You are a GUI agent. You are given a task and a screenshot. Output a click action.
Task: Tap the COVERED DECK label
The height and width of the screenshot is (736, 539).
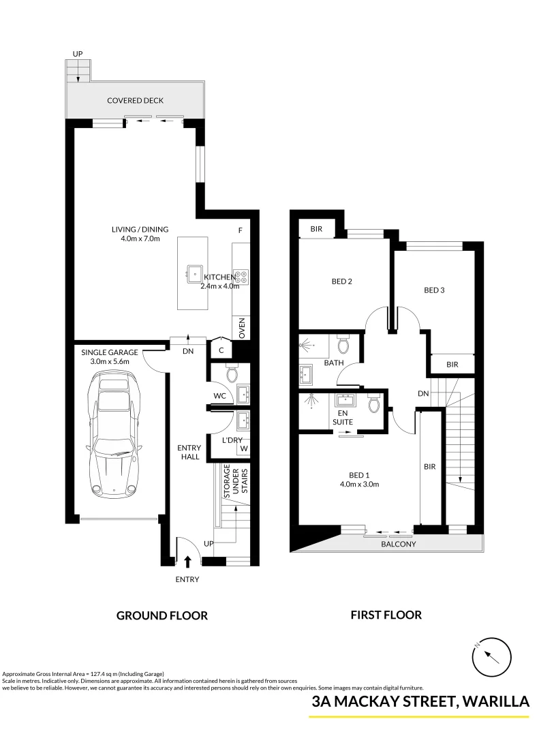click(136, 101)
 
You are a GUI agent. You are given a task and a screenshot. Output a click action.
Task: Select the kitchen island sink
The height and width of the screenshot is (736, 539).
click(190, 272)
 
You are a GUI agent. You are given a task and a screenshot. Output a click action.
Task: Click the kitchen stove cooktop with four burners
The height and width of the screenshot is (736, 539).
click(241, 276)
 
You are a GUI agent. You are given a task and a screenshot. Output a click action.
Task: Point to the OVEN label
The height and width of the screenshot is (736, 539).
click(241, 328)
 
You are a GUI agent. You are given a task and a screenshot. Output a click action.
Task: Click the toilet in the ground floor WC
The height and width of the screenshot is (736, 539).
click(230, 373)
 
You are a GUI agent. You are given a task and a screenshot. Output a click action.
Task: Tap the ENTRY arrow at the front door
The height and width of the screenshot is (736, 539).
click(188, 561)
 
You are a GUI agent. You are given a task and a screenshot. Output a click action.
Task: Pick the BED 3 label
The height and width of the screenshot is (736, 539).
click(434, 290)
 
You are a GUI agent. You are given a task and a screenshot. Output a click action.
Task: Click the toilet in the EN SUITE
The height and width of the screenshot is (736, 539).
click(373, 405)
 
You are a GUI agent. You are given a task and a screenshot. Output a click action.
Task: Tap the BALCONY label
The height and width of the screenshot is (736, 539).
click(399, 545)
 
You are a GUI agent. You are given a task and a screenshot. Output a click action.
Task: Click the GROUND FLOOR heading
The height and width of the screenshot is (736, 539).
click(162, 615)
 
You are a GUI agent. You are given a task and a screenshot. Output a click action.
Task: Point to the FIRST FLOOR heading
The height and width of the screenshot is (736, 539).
click(386, 615)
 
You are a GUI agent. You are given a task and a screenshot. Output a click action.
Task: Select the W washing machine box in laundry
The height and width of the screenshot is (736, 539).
click(243, 449)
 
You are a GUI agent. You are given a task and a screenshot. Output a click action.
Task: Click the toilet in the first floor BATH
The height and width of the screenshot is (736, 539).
click(343, 345)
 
